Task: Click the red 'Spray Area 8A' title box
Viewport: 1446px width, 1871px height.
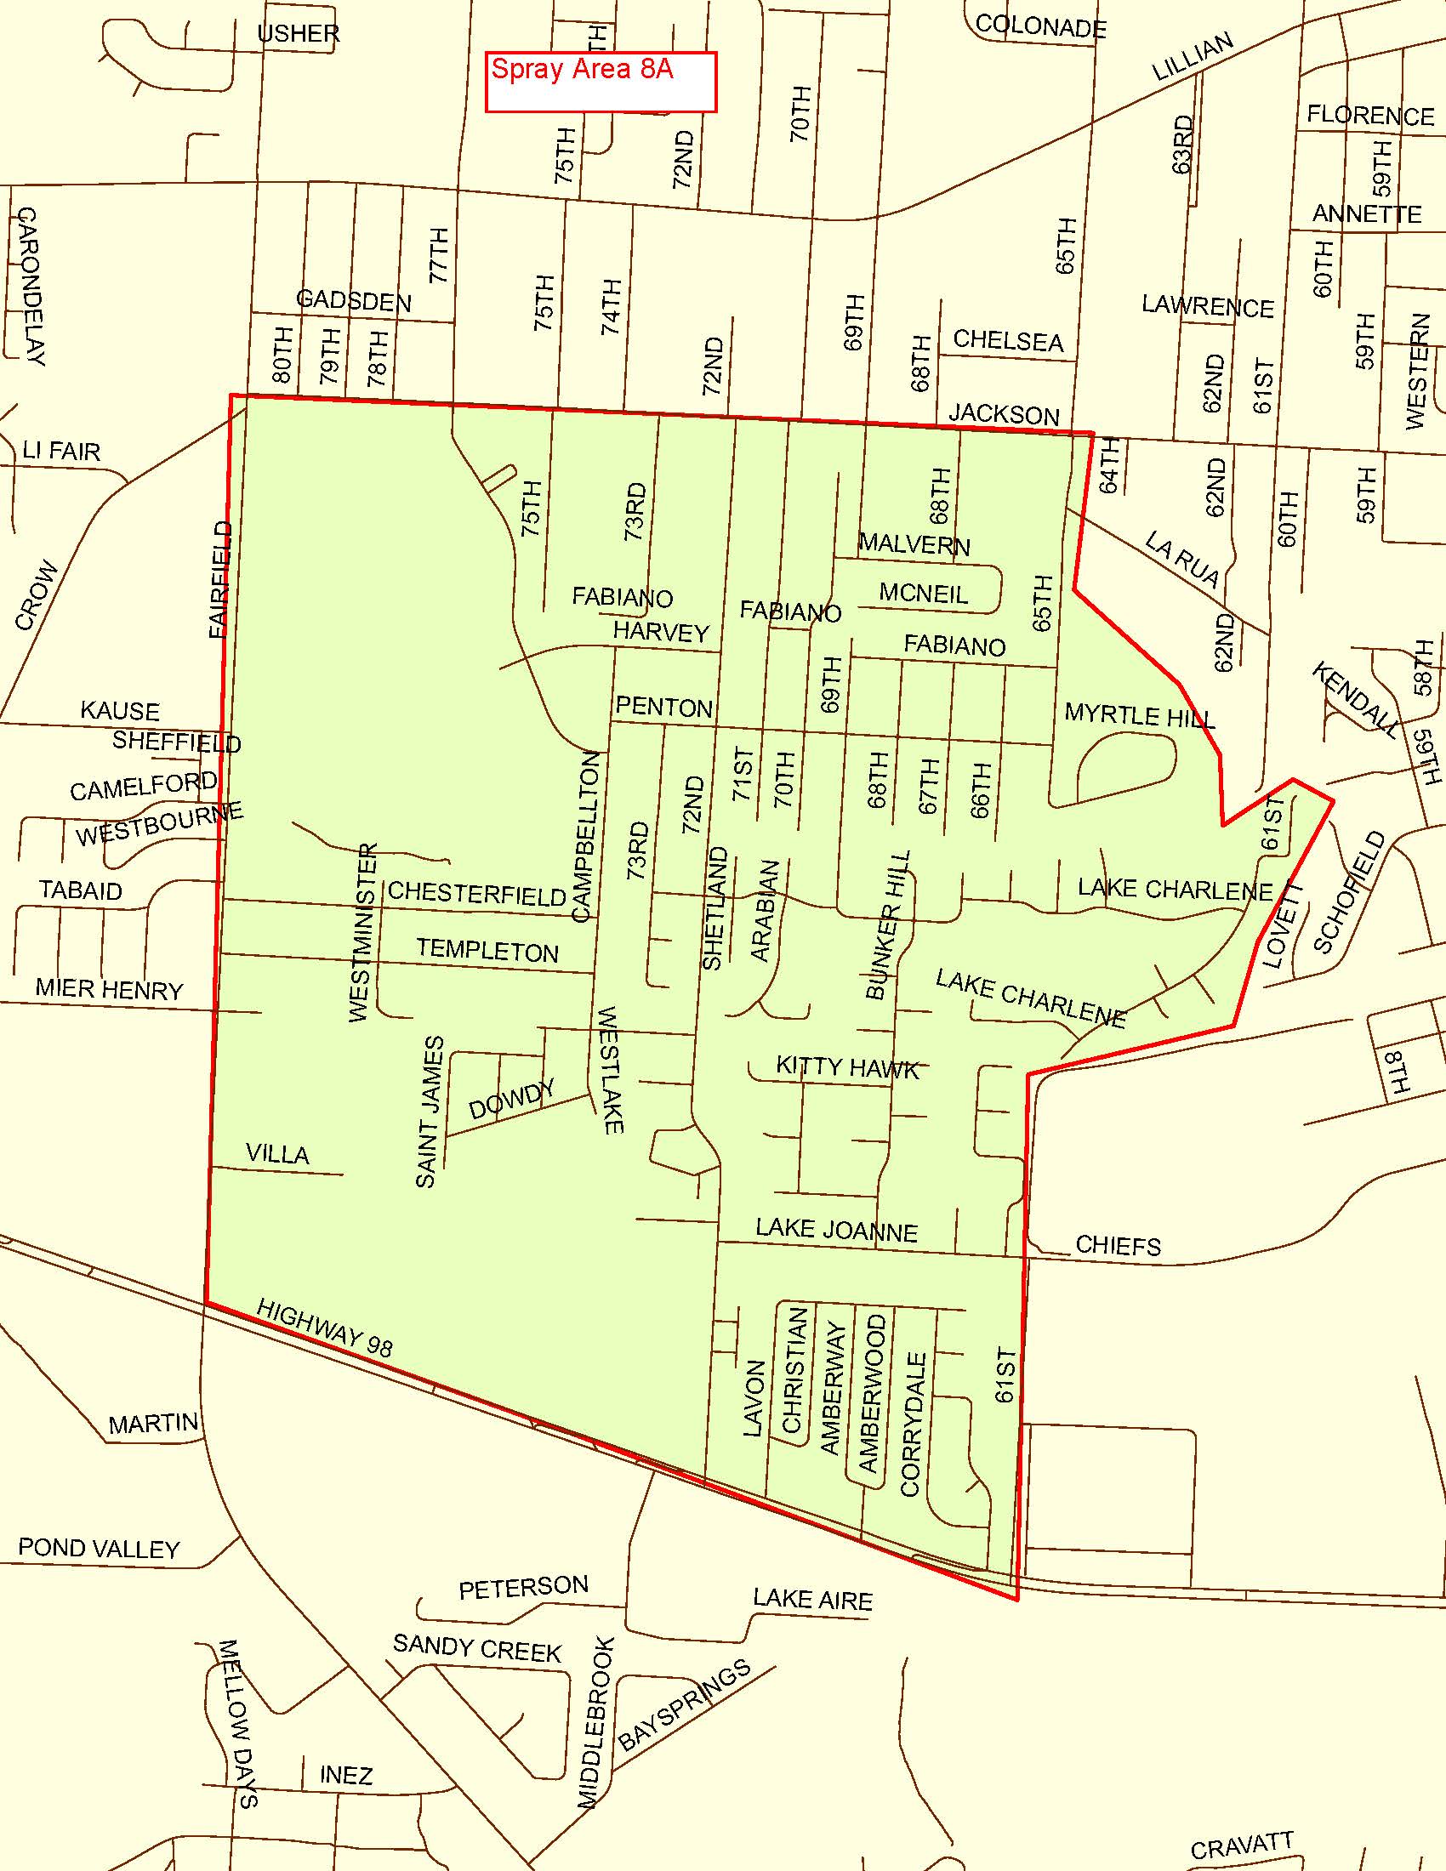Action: [x=601, y=82]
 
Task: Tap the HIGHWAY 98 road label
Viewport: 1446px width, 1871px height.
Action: [x=325, y=1328]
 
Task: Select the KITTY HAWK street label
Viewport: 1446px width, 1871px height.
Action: [x=847, y=1067]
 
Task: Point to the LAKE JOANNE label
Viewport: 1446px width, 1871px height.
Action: [x=836, y=1231]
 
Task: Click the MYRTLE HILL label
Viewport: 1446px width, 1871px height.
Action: [x=1138, y=715]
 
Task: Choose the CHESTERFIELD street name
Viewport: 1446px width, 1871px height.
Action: [x=477, y=894]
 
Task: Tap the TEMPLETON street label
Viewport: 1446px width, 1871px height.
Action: [x=487, y=950]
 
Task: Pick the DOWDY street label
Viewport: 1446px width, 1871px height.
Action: [x=511, y=1100]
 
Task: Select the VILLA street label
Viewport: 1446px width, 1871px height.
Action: [x=277, y=1153]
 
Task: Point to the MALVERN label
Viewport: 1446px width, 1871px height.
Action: [x=914, y=544]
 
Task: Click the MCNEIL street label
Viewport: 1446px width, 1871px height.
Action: [x=924, y=593]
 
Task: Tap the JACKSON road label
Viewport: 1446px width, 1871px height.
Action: [x=1004, y=415]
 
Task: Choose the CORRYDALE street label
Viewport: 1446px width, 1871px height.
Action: [x=914, y=1424]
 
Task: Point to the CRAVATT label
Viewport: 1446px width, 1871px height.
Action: [x=1241, y=1845]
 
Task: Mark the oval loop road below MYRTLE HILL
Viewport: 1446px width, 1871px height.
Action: [x=1126, y=765]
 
